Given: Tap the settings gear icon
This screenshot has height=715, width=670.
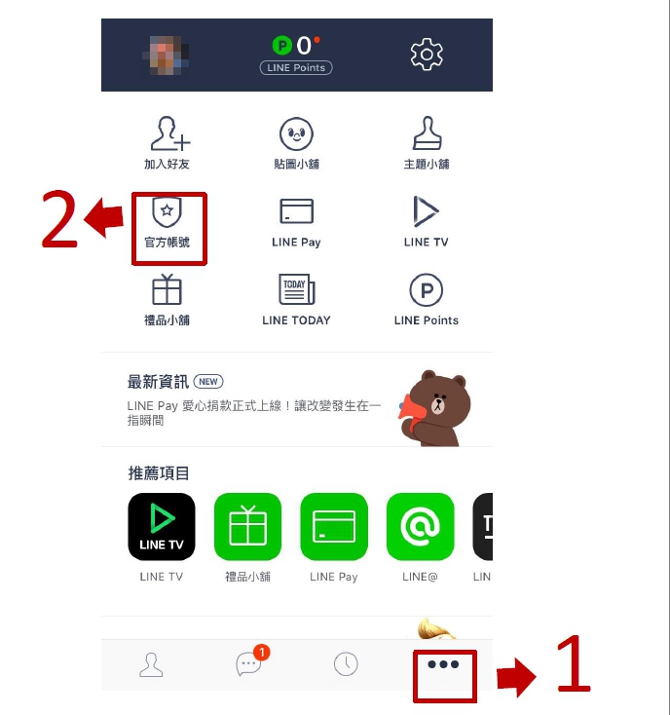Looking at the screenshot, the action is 427,55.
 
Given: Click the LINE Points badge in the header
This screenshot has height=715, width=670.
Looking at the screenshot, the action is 296,67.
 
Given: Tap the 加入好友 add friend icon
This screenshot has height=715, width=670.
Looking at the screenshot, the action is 169,133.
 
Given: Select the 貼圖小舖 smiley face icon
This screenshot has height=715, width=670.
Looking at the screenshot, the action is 296,133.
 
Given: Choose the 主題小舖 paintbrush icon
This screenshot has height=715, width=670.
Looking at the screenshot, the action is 428,132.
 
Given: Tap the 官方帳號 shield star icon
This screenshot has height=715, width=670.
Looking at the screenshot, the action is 167,211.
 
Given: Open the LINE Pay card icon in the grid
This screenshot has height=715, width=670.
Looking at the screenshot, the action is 296,211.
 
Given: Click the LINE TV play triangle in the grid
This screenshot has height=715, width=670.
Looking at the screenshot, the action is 426,211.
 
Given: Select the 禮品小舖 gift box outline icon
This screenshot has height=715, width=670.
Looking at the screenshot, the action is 167,289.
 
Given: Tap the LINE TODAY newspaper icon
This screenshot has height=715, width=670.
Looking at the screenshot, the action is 296,289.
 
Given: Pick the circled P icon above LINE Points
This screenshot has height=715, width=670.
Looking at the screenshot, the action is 427,289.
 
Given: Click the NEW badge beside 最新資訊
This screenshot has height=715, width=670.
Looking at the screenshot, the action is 208,381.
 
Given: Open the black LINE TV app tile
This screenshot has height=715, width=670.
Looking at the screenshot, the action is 162,527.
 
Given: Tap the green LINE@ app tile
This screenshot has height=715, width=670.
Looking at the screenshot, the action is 421,527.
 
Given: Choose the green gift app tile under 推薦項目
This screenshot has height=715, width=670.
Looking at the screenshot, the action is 247,527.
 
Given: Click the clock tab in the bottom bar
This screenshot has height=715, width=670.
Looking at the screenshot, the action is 346,664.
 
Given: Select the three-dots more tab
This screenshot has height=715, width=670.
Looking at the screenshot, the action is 443,664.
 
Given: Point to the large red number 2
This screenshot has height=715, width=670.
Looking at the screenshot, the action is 59,219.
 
